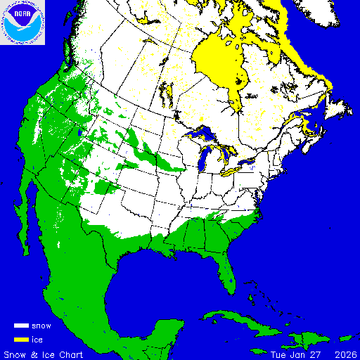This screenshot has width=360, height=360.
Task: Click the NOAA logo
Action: click(x=23, y=23)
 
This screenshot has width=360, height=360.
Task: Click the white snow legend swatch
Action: click(x=21, y=326)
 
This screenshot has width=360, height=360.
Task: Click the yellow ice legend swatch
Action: click(x=21, y=339)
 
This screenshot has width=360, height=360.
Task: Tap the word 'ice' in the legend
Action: click(x=38, y=339)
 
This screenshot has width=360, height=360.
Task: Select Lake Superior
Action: click(x=201, y=133)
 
